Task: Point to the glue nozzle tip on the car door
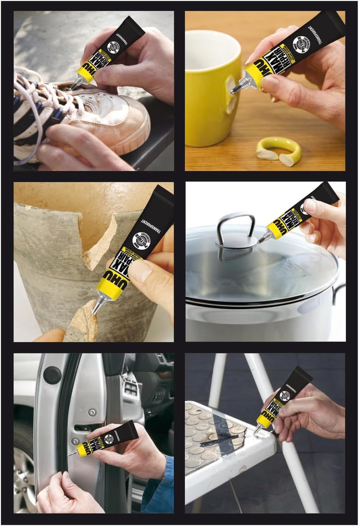(71, 454)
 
